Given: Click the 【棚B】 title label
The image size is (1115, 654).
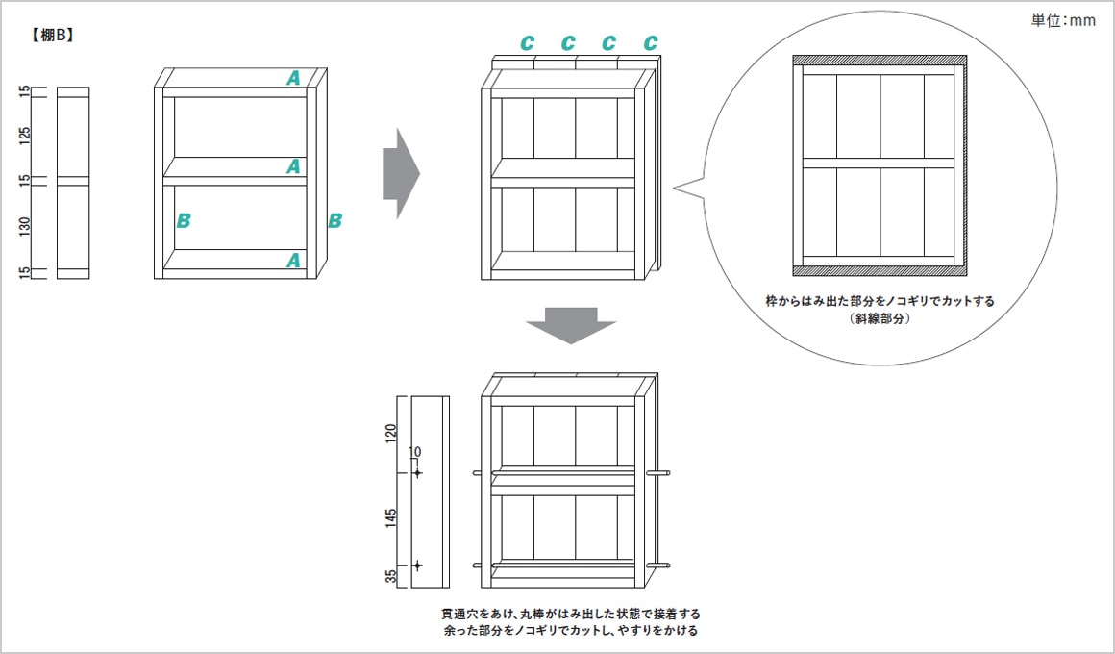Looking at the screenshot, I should (54, 36).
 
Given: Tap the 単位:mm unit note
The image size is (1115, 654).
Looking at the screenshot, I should (1063, 20).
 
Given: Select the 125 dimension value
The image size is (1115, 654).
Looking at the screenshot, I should (26, 134).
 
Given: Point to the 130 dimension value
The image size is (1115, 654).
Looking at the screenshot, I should (26, 227).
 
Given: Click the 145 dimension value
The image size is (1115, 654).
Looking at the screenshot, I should (390, 519).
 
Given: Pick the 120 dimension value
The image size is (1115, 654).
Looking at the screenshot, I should (390, 433).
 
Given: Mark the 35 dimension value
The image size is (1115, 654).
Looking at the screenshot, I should (390, 577).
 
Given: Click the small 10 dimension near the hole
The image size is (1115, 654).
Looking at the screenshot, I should (415, 451).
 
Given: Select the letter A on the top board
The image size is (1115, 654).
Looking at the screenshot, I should (293, 78).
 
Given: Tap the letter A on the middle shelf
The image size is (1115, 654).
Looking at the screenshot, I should (293, 166).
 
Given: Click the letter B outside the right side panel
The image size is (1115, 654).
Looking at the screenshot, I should (334, 220).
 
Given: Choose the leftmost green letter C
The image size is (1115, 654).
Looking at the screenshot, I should (527, 43).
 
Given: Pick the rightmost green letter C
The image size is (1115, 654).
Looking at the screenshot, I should (651, 43).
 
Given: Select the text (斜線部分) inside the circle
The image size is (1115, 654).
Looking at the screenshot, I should (880, 318).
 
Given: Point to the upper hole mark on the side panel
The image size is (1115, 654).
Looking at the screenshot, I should (417, 472).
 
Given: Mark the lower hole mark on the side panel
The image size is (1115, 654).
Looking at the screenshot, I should (417, 566).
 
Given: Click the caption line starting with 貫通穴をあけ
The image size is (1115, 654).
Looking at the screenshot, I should (570, 614).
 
